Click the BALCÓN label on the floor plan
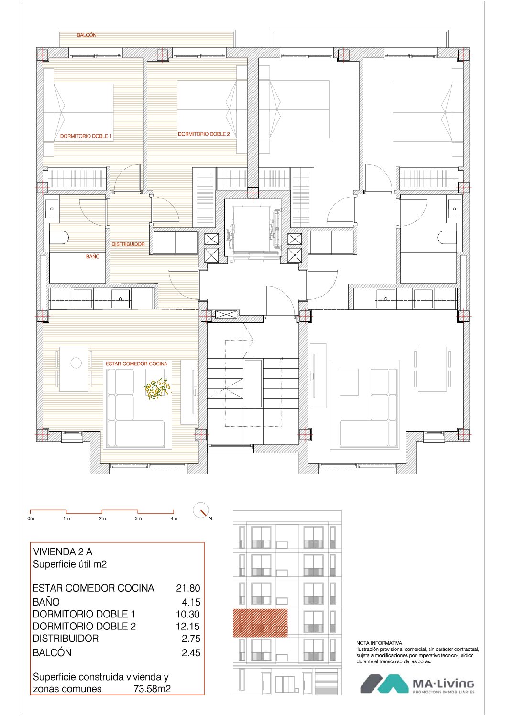pyautogui.click(x=86, y=35)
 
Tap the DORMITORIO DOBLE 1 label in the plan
pyautogui.click(x=86, y=136)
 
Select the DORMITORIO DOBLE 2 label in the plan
pyautogui.click(x=204, y=134)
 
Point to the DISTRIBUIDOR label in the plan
pyautogui.click(x=128, y=244)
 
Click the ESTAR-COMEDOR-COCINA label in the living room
pyautogui.click(x=136, y=364)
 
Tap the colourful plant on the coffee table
pyautogui.click(x=157, y=389)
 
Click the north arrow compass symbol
pyautogui.click(x=201, y=510)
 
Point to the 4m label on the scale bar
pyautogui.click(x=174, y=518)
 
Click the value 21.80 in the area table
pyautogui.click(x=188, y=588)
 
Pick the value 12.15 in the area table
pyautogui.click(x=188, y=626)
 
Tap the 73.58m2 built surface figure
pyautogui.click(x=152, y=689)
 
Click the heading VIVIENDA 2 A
pyautogui.click(x=63, y=551)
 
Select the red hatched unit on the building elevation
pyautogui.click(x=260, y=623)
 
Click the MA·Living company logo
pyautogui.click(x=417, y=684)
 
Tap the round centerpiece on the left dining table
pyautogui.click(x=76, y=363)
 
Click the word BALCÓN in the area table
pyautogui.click(x=52, y=652)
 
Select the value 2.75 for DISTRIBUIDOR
pyautogui.click(x=191, y=639)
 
